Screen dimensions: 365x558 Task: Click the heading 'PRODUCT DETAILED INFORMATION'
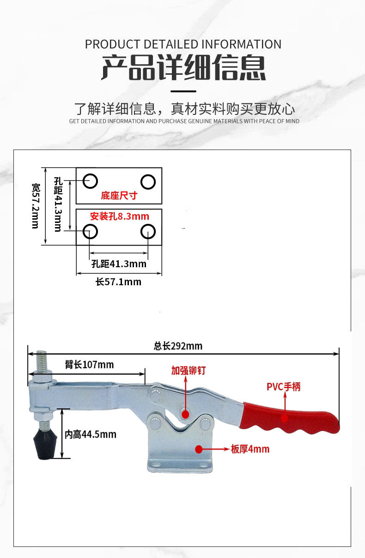tap(183, 44)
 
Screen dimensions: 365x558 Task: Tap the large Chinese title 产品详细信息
tap(183, 68)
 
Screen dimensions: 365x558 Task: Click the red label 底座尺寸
tap(119, 195)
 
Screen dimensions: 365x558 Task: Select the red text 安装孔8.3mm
tap(120, 216)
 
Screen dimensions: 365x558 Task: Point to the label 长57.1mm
tap(118, 282)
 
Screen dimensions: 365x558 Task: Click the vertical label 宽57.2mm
tap(36, 205)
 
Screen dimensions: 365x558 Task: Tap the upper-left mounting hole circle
tap(90, 181)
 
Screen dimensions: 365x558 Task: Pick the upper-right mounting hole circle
tap(148, 182)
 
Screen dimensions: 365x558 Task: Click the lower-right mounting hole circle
tap(148, 231)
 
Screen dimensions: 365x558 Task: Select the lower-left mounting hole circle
tap(90, 231)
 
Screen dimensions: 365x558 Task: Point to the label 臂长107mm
tap(89, 365)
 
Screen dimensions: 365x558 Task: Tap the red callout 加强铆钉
tap(188, 370)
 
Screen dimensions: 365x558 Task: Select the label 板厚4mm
tap(250, 449)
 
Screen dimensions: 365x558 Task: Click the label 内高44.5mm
tap(90, 434)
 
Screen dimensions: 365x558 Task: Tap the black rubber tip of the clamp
tap(43, 445)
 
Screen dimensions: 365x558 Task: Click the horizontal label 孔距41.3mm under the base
tap(119, 264)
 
